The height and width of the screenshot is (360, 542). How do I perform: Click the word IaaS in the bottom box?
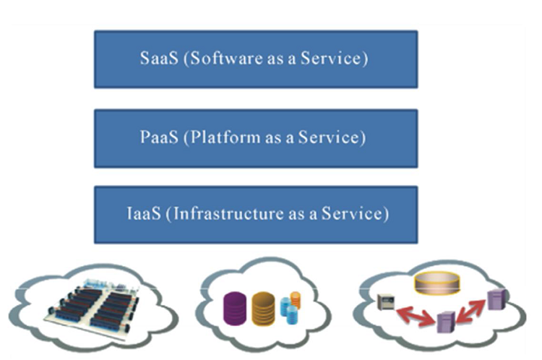[x=137, y=215]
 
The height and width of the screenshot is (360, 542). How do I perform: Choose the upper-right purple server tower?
[x=494, y=299]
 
